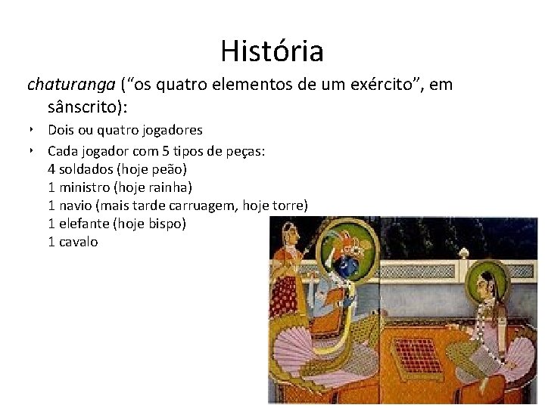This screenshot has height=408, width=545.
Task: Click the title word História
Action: click(272, 51)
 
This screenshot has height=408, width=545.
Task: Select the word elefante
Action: click(83, 224)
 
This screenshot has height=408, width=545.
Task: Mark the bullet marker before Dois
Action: click(33, 130)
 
